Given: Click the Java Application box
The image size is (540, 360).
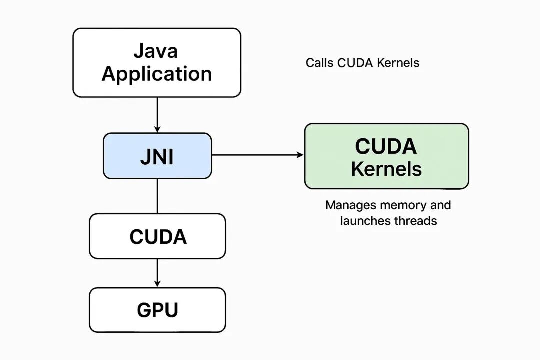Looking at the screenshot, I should pos(156,62).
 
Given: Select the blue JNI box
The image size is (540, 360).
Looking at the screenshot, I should pos(157,156).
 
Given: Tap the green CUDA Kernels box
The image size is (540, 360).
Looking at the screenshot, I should pos(386,156).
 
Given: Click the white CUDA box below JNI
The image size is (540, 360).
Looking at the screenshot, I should pos(157,236).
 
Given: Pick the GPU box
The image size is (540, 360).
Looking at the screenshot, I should pos(157,310).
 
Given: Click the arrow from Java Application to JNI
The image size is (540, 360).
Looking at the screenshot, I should pos(157,115).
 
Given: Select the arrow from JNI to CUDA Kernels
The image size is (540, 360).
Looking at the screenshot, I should pos(257,155).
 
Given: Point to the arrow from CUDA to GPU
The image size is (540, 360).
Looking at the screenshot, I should pos(157,273).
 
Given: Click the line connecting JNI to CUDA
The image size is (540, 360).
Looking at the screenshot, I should pos(157,196).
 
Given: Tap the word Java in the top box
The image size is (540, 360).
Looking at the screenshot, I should pos(156,51).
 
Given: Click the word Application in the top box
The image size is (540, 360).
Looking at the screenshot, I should pos(157,74).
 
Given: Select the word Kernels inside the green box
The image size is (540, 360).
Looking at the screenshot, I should pos(386,168).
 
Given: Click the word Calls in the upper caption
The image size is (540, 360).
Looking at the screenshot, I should pos(320,63).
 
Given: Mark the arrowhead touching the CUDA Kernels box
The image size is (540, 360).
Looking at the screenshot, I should pos(300,155).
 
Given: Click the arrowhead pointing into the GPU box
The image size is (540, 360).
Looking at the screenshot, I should pos(157,284).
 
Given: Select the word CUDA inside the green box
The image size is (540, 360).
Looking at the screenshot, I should pos(386,146).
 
